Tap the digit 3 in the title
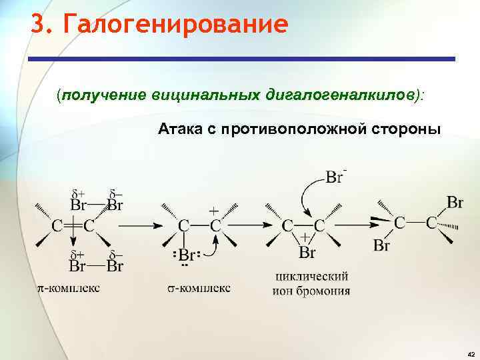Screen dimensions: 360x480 [x=38, y=25]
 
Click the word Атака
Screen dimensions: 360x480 [x=180, y=128]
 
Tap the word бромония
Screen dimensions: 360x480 [x=326, y=291]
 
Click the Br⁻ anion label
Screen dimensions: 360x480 [x=335, y=177]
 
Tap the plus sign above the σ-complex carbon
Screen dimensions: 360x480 [x=213, y=209]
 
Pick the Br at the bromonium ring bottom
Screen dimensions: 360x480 [x=307, y=253]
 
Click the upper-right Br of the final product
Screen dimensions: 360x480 [x=456, y=201]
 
